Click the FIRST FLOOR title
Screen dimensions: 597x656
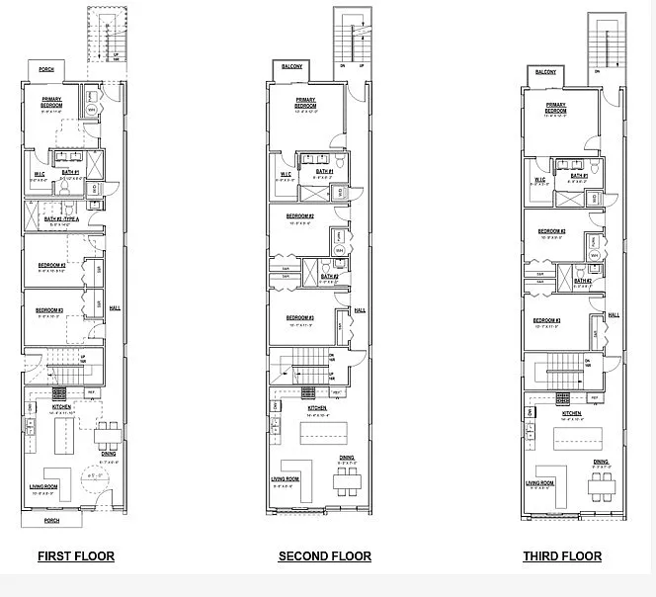76,556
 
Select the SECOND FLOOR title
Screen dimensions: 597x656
324,556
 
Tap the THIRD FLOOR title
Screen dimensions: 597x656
562,556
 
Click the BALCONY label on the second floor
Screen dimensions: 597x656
292,67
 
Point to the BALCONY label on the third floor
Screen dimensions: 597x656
545,72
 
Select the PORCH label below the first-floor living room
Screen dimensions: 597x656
51,520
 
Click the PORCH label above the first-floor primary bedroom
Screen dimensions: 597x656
46,69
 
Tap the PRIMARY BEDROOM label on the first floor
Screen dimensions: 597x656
52,102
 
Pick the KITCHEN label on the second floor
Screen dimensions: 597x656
317,407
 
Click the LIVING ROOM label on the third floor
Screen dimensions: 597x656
539,482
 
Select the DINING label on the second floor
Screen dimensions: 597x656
347,457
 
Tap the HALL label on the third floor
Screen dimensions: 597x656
614,314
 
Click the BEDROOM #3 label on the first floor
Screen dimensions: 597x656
50,310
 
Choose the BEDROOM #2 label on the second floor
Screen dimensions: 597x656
300,215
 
